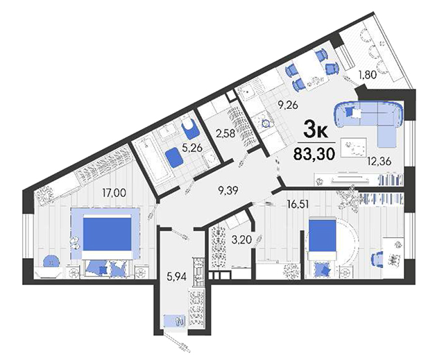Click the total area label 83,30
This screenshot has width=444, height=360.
[x=314, y=154]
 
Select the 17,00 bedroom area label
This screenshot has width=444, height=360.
[x=114, y=193]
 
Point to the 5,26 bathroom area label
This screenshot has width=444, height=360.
[x=193, y=148]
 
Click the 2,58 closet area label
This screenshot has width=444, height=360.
[x=225, y=133]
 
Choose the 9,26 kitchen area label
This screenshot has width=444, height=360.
[x=288, y=105]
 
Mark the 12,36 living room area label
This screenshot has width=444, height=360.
[x=379, y=161]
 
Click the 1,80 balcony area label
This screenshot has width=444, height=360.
[x=368, y=75]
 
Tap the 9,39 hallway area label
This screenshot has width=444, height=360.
[x=228, y=191]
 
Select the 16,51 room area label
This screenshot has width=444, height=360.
[x=298, y=204]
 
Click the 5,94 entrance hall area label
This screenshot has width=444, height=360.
[x=176, y=277]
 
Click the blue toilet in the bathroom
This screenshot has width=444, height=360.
[x=189, y=128]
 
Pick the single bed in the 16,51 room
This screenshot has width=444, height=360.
[x=322, y=239]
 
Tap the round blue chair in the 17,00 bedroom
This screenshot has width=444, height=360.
[x=51, y=262]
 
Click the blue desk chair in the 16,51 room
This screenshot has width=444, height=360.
[x=377, y=259]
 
